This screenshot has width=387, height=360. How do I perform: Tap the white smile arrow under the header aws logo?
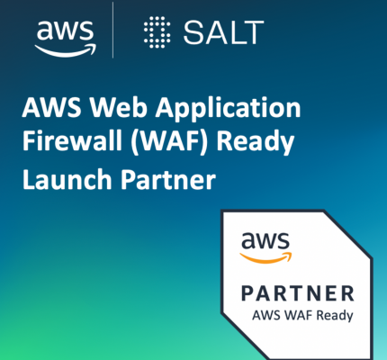(x=66, y=51)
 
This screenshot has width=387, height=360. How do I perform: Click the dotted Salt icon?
(x=157, y=32)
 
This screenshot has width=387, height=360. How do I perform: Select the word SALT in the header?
(x=223, y=32)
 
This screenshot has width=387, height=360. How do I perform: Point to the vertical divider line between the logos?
(x=112, y=30)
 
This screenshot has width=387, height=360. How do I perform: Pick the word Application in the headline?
(x=228, y=109)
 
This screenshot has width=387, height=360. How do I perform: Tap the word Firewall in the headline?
(x=72, y=140)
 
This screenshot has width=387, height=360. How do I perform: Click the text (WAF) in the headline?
(x=169, y=142)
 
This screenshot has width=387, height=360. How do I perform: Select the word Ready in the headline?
(x=256, y=143)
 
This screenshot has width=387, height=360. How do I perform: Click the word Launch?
(x=67, y=179)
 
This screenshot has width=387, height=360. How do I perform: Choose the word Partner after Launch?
(x=168, y=179)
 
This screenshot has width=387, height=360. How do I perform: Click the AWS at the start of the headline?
(x=51, y=107)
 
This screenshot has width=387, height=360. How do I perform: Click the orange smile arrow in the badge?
(x=265, y=257)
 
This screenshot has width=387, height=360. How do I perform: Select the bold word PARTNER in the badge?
(x=298, y=293)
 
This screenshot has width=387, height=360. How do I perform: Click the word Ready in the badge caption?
(x=335, y=316)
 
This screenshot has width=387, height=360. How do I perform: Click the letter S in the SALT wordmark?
(x=193, y=32)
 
